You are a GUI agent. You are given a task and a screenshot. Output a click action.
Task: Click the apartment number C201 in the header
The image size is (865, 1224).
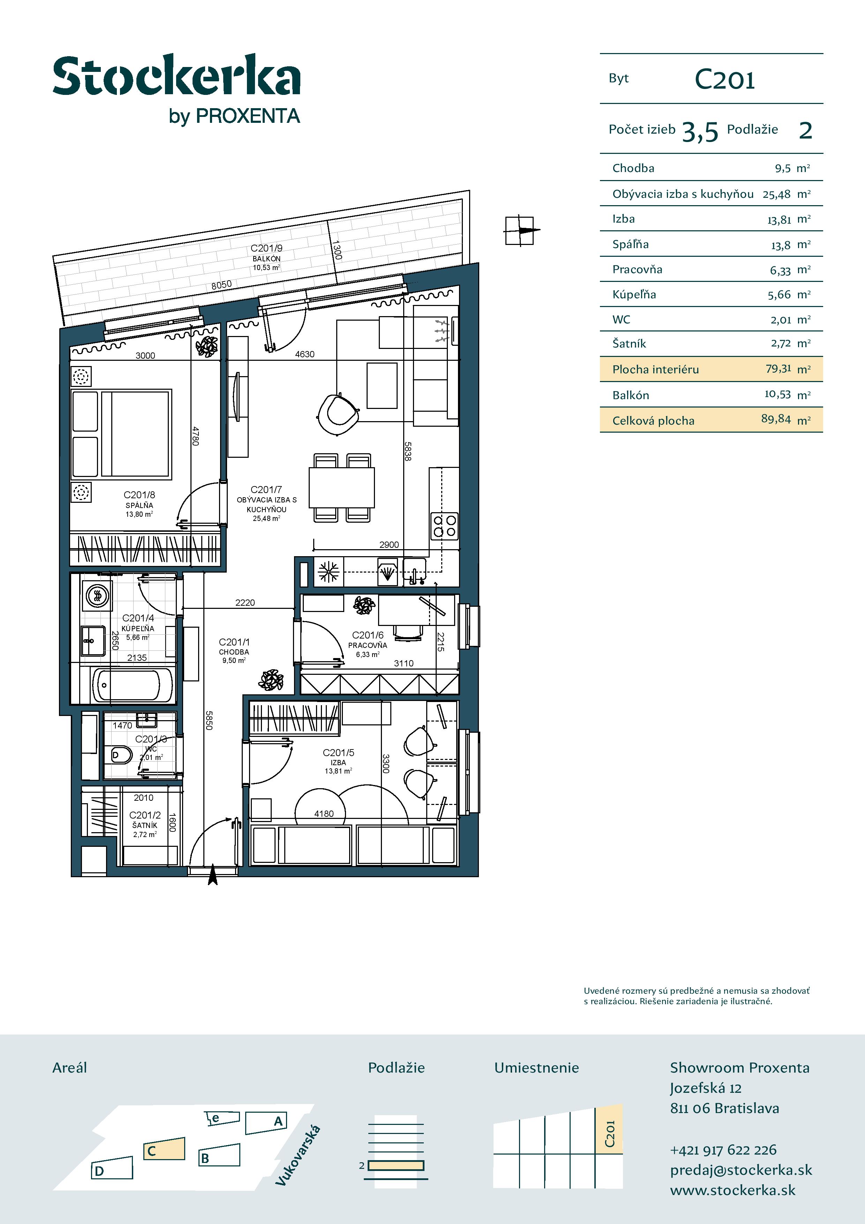coord(725,80)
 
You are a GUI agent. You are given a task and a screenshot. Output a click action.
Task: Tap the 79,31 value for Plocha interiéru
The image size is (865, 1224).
coord(778,368)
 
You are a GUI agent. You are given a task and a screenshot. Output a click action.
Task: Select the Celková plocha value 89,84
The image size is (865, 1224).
coord(776,419)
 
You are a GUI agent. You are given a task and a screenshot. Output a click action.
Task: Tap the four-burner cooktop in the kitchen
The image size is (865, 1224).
coord(444,525)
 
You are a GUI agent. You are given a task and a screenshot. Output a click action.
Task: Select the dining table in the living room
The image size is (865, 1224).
coord(341,487)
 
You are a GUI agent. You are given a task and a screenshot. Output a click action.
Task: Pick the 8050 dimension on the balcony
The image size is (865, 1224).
coord(222,285)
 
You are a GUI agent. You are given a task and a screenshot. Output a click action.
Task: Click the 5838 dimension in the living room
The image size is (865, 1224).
coord(408,450)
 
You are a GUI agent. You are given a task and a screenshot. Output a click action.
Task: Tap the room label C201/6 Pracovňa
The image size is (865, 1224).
coord(368,644)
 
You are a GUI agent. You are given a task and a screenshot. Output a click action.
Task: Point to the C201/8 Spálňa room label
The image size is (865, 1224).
coord(139,504)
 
